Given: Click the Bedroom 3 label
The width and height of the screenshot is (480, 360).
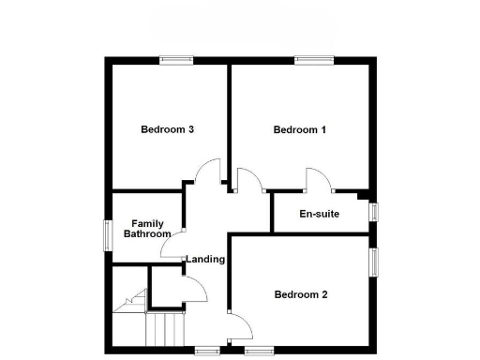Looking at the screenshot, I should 167,129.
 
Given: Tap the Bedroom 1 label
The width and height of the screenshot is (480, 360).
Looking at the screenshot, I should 300,129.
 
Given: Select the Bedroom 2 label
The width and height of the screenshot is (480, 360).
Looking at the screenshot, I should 300,294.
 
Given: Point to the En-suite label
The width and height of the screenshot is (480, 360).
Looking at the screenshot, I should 319,215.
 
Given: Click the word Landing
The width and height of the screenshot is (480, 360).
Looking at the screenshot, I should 205,259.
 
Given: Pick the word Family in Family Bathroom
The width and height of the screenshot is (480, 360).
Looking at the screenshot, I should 147,223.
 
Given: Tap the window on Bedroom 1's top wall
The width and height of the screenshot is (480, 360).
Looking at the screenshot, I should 316,61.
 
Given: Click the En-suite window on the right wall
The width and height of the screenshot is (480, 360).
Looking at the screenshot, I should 373,212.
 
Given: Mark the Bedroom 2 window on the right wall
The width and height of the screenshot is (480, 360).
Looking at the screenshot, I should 373,263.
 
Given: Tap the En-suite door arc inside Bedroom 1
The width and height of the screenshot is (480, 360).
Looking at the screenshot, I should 317,178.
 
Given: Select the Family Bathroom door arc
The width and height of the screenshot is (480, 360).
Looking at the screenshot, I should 172,247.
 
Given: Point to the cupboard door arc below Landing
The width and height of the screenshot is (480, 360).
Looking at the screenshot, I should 194,292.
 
